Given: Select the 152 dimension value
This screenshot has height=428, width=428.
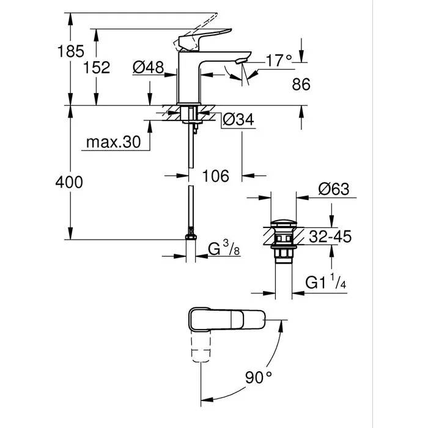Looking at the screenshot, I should click(x=97, y=68).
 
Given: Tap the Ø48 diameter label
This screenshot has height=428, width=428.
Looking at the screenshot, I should click(x=148, y=68).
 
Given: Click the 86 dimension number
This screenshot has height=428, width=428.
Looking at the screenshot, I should click(x=301, y=85).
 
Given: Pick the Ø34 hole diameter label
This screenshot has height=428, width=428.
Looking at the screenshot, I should click(x=237, y=120).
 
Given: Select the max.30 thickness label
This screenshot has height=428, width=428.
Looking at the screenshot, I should click(x=113, y=142).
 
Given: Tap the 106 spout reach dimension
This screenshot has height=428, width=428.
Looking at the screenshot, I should click(x=215, y=176).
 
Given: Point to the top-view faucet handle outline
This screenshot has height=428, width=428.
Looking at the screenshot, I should click(x=223, y=319).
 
